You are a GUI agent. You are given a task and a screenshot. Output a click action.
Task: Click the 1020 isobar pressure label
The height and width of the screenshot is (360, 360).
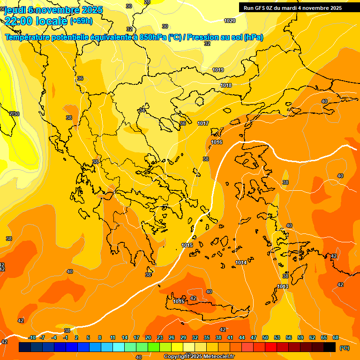click(x=230, y=21)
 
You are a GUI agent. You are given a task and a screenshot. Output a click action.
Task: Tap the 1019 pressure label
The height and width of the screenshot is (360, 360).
click(x=218, y=70)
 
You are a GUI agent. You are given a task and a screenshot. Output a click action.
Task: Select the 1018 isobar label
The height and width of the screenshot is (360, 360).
click(x=226, y=85)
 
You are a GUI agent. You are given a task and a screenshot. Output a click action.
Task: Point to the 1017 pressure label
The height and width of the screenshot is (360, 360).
click(x=203, y=123)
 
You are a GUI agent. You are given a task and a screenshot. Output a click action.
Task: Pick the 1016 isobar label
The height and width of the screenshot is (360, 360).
click(x=217, y=142)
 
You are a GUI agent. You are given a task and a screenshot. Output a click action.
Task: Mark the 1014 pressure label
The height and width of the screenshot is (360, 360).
click(x=241, y=262)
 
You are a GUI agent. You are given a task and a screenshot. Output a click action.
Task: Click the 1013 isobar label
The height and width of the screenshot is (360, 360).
click(x=283, y=286)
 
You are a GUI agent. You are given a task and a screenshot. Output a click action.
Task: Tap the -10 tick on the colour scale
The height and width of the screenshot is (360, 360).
click(x=32, y=337)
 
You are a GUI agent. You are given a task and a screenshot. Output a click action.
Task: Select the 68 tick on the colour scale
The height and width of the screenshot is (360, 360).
click(x=336, y=337)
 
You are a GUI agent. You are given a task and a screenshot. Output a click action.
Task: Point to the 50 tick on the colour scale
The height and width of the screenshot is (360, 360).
click(x=265, y=337)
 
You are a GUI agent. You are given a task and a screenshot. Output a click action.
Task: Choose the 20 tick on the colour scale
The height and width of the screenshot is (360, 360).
click(x=148, y=337)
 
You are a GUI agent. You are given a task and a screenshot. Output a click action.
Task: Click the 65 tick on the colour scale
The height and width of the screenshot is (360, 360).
click(x=324, y=337)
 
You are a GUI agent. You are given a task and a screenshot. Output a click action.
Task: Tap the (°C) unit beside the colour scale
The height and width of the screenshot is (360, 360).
click(x=345, y=348)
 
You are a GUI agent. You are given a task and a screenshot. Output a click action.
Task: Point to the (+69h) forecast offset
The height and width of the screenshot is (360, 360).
click(x=81, y=21)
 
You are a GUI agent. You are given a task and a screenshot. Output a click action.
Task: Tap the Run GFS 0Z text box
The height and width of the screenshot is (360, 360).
click(x=293, y=7)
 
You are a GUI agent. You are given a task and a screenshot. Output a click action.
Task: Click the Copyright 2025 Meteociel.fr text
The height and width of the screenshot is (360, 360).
click(x=199, y=356)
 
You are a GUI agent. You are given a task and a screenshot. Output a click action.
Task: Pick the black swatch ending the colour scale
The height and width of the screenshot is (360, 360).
click(x=330, y=347)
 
